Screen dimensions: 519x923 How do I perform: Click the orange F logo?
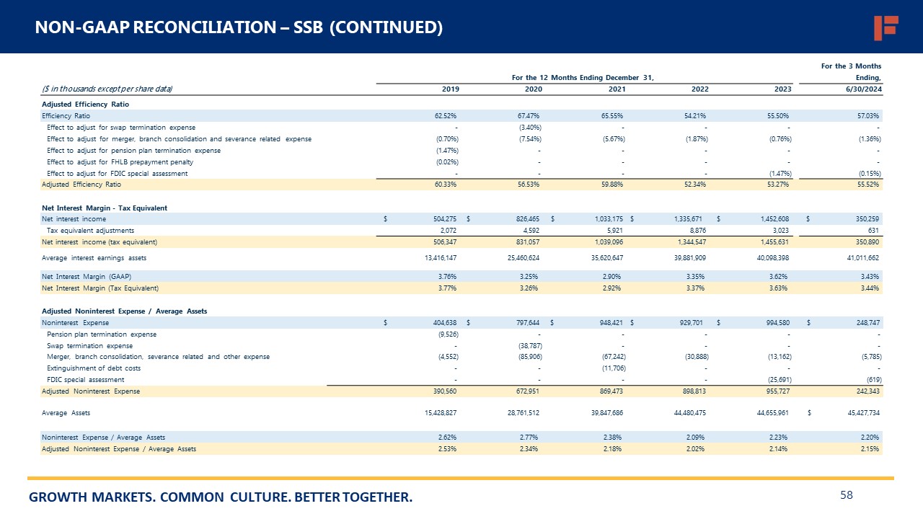(x=886, y=27)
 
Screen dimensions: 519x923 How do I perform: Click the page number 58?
(x=847, y=494)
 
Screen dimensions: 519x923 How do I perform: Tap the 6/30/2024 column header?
(x=865, y=89)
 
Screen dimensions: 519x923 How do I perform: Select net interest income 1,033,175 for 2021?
(x=607, y=218)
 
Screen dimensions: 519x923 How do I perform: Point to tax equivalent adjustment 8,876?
(x=697, y=230)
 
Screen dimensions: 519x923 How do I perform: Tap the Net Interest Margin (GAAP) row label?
(x=86, y=276)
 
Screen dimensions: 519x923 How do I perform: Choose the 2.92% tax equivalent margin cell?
(x=613, y=288)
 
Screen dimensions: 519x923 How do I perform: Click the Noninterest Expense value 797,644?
(x=526, y=322)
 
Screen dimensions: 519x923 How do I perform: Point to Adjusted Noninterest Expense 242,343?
(x=865, y=391)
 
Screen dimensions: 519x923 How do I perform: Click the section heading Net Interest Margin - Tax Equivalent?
(x=105, y=208)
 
